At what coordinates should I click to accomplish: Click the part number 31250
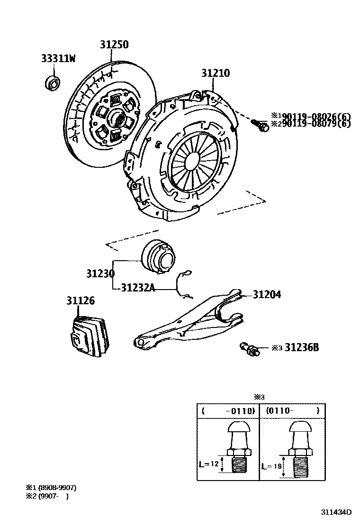pos(114,45)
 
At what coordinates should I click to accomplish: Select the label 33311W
pos(58,59)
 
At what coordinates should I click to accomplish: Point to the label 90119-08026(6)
pos(314,116)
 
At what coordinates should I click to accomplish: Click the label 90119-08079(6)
pos(314,124)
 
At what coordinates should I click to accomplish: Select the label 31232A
pos(138,287)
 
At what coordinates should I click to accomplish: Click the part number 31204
pos(266,294)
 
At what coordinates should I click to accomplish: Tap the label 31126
pos(80,300)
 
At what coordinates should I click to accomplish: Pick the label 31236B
pos(302,348)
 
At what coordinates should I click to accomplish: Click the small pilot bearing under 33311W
pos(52,82)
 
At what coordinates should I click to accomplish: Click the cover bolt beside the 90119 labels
pos(260,125)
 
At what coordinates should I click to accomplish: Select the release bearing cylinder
pos(159,257)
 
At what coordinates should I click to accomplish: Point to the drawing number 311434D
pos(336,512)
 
